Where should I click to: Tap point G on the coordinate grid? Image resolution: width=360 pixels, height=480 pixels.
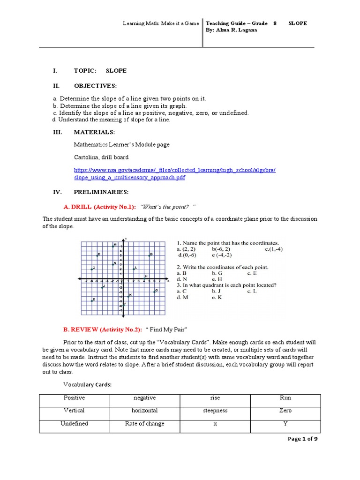(154, 291)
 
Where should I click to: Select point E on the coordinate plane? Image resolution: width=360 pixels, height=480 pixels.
(92, 300)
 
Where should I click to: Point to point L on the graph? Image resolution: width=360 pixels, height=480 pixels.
(133, 269)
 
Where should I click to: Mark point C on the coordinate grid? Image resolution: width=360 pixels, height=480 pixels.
(97, 255)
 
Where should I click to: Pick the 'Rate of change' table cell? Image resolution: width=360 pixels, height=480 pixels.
(145, 424)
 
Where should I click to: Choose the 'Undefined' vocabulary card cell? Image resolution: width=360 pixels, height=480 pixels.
(74, 424)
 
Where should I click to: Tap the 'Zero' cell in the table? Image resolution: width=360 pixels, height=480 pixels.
(285, 411)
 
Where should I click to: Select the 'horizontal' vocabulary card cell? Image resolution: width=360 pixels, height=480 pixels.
(145, 411)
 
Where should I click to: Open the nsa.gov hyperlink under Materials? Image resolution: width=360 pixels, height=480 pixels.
(175, 174)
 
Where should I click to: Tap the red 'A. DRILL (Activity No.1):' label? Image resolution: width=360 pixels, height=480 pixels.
(99, 207)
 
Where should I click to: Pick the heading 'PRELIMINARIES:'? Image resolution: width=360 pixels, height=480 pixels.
(101, 192)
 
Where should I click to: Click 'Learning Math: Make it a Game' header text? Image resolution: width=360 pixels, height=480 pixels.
(160, 23)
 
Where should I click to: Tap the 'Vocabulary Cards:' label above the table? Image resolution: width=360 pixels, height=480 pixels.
(87, 385)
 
